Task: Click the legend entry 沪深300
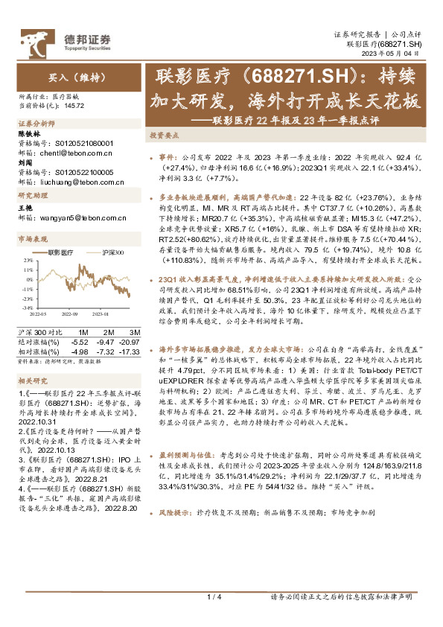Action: click(112, 252)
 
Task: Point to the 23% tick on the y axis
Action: click(27, 260)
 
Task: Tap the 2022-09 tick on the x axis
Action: click(71, 314)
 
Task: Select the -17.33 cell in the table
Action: click(130, 350)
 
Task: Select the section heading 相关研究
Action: click(33, 381)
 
